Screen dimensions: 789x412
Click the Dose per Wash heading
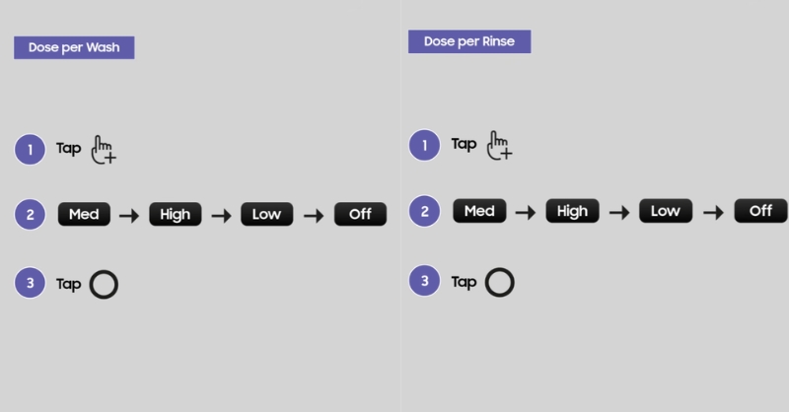click(x=74, y=47)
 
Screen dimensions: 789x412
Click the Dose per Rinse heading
click(x=469, y=41)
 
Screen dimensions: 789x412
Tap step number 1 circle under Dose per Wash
click(x=31, y=150)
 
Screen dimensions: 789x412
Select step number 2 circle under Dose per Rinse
click(x=425, y=211)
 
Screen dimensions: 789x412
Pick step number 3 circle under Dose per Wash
click(x=31, y=283)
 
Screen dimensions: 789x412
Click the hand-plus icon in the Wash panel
click(x=104, y=150)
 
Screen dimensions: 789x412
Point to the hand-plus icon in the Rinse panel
click(x=499, y=145)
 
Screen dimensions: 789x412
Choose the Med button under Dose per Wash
click(x=84, y=214)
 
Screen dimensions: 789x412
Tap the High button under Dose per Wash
click(x=176, y=214)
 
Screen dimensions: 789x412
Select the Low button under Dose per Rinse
click(x=666, y=211)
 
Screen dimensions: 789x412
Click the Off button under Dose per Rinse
click(x=760, y=211)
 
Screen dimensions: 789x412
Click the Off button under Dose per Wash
click(x=360, y=214)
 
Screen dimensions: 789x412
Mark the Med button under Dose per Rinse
click(x=479, y=211)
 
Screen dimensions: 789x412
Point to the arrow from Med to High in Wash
click(x=129, y=216)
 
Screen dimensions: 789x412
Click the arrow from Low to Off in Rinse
click(x=713, y=213)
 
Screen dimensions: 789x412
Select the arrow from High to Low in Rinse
click(x=619, y=213)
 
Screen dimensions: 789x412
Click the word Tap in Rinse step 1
click(x=464, y=144)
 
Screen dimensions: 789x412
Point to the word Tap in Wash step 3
click(x=68, y=284)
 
